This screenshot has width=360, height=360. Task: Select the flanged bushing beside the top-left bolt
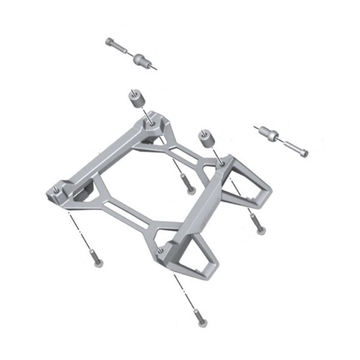[142, 59]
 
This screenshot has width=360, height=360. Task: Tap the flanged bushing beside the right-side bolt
[269, 134]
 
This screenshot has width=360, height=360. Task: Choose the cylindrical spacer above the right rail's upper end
[205, 138]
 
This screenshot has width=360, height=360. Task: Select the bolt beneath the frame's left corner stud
[96, 258]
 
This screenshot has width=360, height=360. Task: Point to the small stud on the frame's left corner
[55, 189]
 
